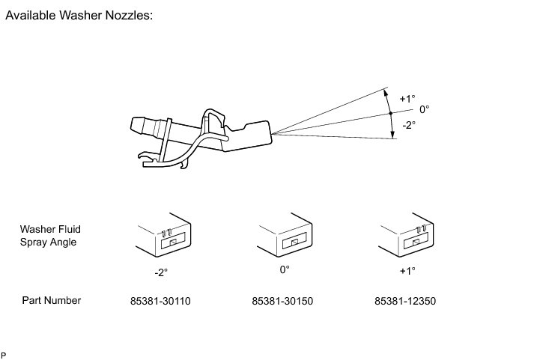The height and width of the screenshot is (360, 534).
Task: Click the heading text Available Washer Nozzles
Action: coord(79,15)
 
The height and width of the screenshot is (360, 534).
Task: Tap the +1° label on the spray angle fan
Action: coord(407,98)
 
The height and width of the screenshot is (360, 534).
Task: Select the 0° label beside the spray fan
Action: coord(424,109)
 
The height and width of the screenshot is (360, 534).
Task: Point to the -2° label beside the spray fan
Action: coord(408,125)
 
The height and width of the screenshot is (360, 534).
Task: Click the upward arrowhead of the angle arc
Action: coord(386,92)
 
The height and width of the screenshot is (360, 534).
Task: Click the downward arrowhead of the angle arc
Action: coord(392,135)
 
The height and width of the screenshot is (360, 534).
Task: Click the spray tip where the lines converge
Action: coord(271,134)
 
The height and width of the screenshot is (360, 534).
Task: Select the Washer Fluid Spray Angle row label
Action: coord(49,236)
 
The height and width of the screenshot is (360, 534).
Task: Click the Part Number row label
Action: coord(51,301)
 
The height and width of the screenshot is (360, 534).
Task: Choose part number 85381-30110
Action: coord(160,302)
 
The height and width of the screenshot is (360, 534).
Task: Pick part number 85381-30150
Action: coord(283,302)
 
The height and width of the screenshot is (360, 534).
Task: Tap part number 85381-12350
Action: coord(405,302)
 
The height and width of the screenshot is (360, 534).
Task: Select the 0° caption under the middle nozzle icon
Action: coord(284,269)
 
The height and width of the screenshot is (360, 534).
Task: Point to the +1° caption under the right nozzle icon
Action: coord(407,270)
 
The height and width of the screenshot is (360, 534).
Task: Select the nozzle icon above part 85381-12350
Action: coord(409,237)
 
